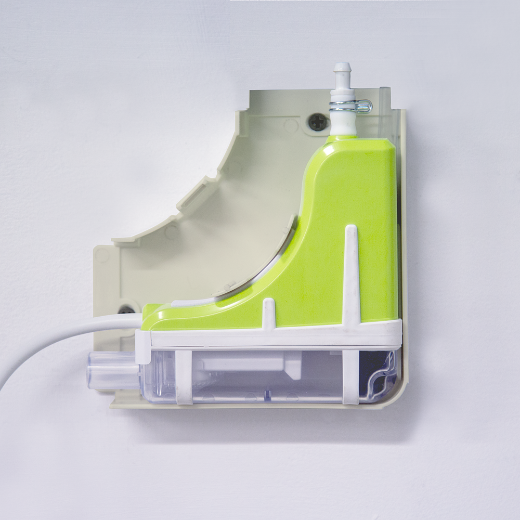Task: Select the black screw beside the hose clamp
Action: [318, 122]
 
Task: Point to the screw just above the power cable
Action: [125, 310]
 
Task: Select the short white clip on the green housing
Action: [268, 314]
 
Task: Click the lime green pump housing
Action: [333, 208]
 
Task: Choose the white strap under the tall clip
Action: [350, 377]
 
